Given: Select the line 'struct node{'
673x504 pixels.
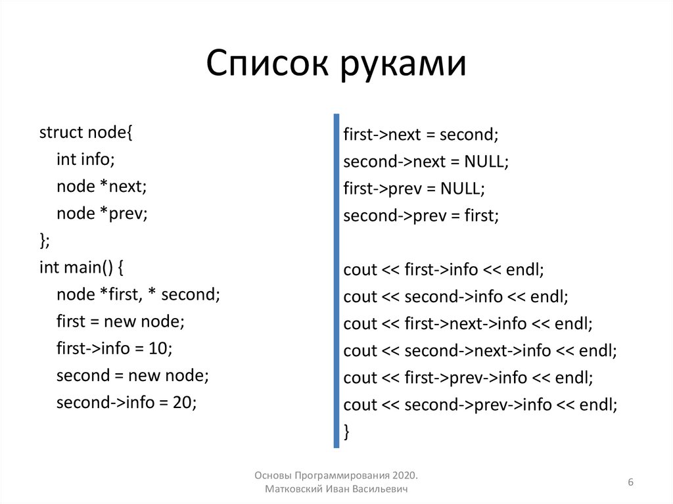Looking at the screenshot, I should [x=86, y=132].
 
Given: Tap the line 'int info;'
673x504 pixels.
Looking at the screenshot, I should [x=85, y=159].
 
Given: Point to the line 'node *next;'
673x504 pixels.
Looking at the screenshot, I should [x=102, y=186].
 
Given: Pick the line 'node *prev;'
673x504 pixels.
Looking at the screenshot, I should [x=102, y=213].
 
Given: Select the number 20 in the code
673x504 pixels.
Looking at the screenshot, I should [x=185, y=402].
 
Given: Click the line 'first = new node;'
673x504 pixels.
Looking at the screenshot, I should [x=121, y=321].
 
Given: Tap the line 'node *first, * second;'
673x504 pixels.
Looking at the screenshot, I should [x=138, y=294].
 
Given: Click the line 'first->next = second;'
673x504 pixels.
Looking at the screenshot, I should [x=421, y=135].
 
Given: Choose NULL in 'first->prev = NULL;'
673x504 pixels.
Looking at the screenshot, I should [x=462, y=189].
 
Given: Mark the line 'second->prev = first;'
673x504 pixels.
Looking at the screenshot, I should [x=421, y=216].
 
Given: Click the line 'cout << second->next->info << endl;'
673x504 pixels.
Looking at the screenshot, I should [x=480, y=351].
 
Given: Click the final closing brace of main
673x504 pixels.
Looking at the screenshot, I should [x=346, y=432].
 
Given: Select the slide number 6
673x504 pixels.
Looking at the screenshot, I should [x=630, y=483].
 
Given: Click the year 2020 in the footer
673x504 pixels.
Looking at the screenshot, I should [x=406, y=475].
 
